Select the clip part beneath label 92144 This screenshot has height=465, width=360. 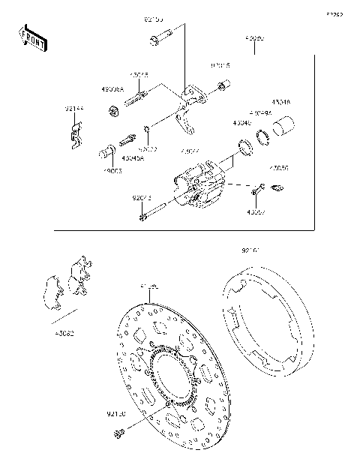pos(75,135)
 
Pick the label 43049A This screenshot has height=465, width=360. pos(259,113)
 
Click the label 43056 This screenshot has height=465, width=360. pos(278,168)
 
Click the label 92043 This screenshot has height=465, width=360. pos(142,198)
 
